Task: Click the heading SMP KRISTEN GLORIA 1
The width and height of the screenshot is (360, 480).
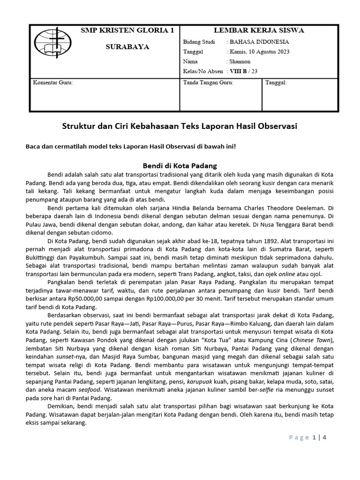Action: point(127,30)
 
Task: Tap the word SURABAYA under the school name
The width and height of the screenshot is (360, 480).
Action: point(127,47)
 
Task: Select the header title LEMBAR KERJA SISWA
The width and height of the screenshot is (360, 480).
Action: point(259,30)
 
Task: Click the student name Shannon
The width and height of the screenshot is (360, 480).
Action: point(240,61)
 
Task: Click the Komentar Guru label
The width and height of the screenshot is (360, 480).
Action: point(52,82)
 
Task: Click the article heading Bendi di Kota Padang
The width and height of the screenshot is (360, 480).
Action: point(180,166)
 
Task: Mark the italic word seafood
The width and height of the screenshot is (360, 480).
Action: point(90,390)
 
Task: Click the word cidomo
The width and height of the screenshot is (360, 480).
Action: point(108,232)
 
